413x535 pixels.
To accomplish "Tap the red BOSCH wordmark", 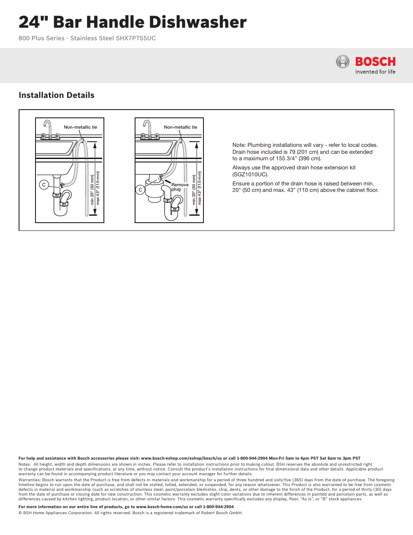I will (x=375, y=62).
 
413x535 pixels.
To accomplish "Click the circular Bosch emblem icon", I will (x=342, y=62).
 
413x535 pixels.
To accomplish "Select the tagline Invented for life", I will (x=375, y=72).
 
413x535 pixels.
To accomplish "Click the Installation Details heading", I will (x=56, y=95).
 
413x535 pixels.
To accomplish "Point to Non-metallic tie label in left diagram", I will (x=81, y=127).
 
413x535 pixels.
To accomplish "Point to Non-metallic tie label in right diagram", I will (x=181, y=127).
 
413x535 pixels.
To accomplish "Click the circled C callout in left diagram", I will (x=44, y=185).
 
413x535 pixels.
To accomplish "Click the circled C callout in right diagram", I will (x=140, y=190).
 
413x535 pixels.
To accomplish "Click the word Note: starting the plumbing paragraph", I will (x=239, y=145).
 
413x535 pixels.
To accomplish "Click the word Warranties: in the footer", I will (x=30, y=480).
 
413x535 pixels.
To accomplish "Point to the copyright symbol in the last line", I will (x=20, y=513).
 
